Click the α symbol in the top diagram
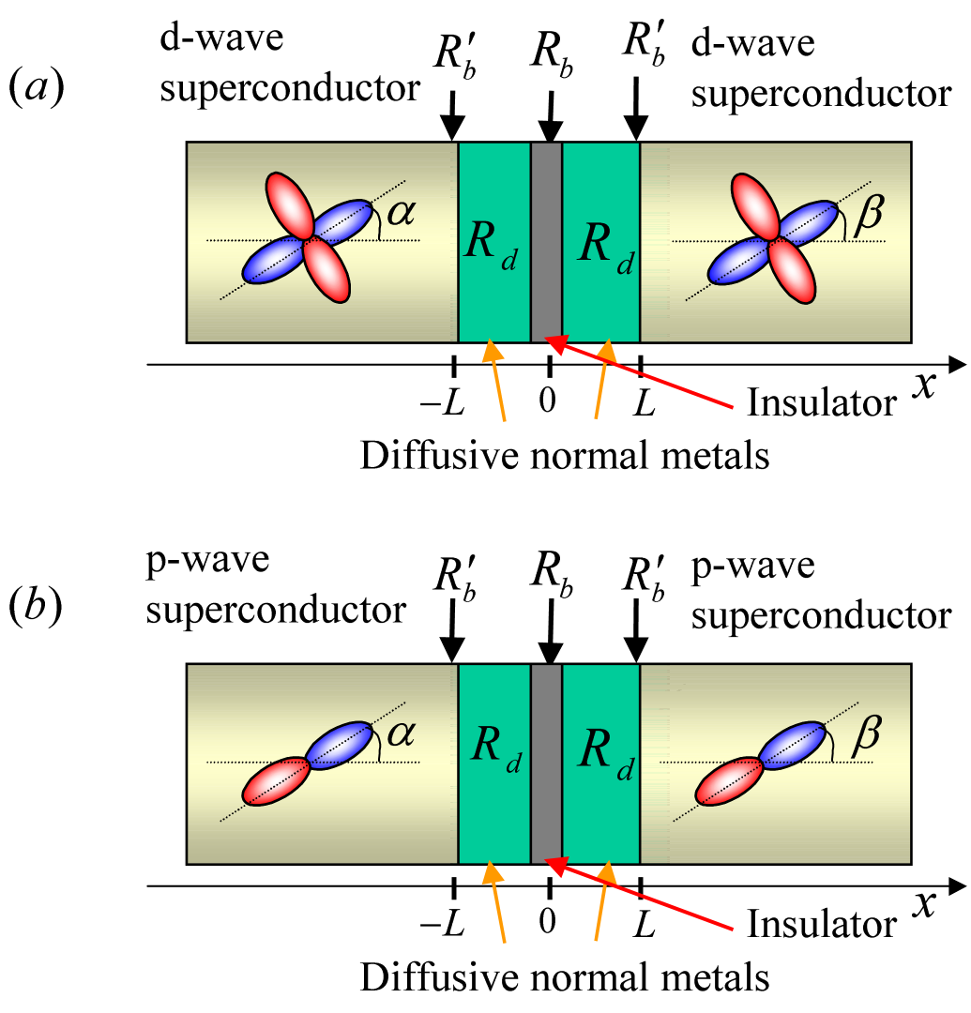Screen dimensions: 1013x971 (401, 213)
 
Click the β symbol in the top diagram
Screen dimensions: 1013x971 (868, 214)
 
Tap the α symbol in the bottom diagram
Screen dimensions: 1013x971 (401, 733)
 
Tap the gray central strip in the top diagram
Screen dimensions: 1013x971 (546, 242)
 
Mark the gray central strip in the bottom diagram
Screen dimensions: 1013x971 (546, 764)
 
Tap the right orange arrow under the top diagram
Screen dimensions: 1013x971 (601, 380)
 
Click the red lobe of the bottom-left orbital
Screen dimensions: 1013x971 (276, 781)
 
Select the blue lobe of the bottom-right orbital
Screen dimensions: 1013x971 (795, 746)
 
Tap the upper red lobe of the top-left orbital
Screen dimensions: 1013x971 (289, 204)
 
